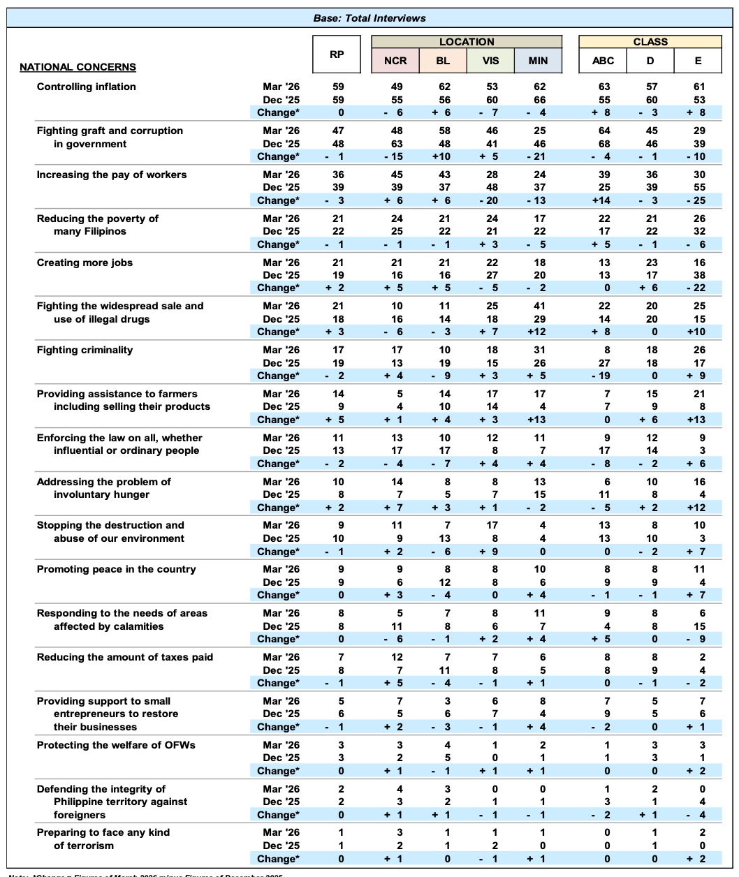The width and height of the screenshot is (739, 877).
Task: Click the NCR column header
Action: (x=395, y=61)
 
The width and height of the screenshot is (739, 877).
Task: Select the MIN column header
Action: (x=538, y=61)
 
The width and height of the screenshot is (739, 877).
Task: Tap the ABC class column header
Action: (x=603, y=61)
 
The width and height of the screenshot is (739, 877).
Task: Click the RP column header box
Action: (x=337, y=54)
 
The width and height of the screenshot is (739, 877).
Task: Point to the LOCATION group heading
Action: (x=467, y=42)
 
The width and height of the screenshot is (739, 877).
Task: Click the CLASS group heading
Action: (x=650, y=42)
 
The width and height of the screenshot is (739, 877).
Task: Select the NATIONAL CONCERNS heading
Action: (x=78, y=68)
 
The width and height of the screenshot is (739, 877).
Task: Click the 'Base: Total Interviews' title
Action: (x=369, y=18)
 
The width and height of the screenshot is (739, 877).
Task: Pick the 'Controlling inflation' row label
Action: (x=87, y=87)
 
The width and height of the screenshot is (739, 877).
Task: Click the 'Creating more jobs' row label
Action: (x=85, y=263)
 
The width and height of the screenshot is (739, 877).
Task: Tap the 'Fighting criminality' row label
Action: (x=85, y=350)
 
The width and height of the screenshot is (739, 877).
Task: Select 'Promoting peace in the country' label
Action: (x=117, y=569)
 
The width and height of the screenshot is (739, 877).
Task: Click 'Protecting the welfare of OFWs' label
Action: (x=116, y=745)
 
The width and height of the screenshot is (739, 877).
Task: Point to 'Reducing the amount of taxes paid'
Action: (x=125, y=657)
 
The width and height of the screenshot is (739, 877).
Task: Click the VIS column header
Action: (x=491, y=61)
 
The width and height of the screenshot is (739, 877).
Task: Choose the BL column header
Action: (x=443, y=61)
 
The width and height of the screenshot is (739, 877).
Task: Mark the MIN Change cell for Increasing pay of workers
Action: (x=539, y=200)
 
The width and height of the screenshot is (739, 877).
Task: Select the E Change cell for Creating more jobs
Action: (x=698, y=288)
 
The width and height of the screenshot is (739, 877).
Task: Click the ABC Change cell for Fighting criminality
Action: (x=604, y=376)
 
